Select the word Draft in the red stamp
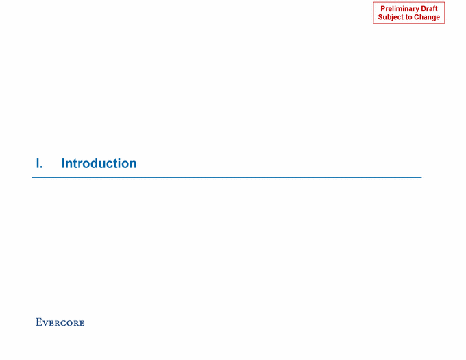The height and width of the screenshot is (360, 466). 429,9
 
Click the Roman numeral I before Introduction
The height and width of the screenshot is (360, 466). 38,163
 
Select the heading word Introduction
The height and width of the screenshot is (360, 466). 99,163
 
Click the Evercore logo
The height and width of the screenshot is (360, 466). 60,322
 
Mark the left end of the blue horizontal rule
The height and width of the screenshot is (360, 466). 32,178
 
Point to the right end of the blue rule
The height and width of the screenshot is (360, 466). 421,178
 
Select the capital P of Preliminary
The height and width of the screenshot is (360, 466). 383,9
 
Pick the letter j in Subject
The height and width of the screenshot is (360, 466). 393,18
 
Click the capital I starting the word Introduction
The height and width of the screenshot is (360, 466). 63,163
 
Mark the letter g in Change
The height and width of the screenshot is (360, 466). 432,18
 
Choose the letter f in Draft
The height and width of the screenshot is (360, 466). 434,9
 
